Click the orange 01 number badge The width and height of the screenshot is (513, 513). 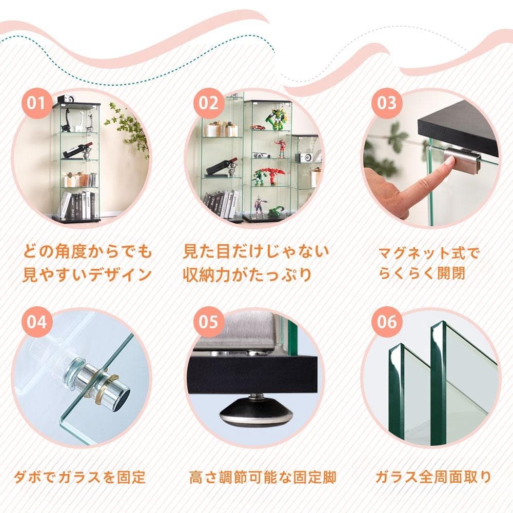pos(35,103)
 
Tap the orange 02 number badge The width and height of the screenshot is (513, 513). pos(208,103)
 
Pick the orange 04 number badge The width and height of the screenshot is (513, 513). pos(35,322)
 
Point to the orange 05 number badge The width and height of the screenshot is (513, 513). pos(208,322)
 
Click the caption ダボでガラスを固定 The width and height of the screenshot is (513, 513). pos(80,478)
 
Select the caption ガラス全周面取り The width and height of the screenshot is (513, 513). pos(433,478)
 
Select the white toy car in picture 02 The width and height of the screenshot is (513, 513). pos(261,155)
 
